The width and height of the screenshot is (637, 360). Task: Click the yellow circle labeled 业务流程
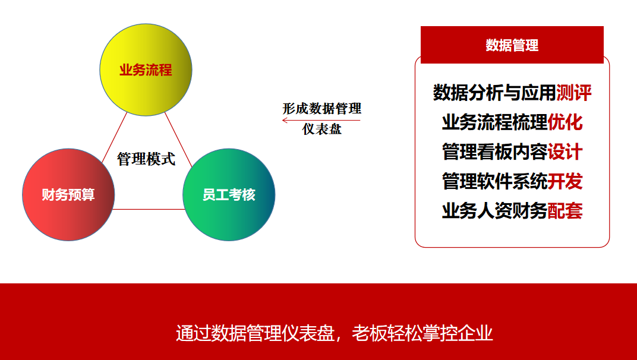146,70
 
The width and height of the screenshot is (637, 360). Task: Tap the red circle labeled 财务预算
68,195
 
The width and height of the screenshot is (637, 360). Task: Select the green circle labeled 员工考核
229,195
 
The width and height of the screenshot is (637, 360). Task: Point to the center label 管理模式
146,159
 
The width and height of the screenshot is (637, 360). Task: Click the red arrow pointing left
321,120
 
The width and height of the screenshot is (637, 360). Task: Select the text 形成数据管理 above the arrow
321,109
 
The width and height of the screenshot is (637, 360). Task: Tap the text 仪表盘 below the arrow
321,130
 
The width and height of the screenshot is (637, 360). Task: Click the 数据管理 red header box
512,45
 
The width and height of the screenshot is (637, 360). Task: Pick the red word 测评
573,93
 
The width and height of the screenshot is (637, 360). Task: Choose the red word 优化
565,122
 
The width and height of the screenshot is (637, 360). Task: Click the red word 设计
565,152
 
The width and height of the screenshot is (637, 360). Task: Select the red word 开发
565,181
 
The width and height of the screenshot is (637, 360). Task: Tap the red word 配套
565,211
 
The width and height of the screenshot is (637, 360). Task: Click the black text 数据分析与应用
494,93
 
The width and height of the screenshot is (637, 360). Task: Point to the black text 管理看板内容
495,152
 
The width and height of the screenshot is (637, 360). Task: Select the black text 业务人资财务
495,211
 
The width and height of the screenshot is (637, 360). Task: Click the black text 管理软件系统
495,181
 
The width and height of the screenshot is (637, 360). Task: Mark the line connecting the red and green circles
149,209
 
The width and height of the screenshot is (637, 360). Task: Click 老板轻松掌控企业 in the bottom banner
422,333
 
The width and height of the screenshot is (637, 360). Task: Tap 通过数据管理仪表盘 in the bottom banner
255,333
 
